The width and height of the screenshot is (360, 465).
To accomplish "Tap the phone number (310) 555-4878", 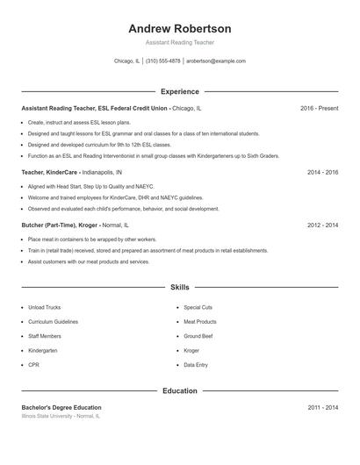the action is [162, 61].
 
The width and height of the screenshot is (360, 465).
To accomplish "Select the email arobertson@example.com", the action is [217, 61].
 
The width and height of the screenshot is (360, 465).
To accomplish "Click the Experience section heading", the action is [179, 91].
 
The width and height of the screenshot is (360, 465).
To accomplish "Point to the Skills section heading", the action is [179, 287].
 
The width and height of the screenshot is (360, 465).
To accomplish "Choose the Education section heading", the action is [179, 390].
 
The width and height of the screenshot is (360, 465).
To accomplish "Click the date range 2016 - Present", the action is [319, 108].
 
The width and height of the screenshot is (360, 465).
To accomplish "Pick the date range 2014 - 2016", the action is [322, 173].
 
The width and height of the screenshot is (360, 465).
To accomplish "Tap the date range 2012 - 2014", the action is [322, 225].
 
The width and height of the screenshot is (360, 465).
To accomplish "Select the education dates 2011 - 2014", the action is [322, 408].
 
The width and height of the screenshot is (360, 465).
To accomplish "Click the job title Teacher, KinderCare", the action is [49, 173].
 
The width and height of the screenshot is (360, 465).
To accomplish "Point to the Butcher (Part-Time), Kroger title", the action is [59, 225].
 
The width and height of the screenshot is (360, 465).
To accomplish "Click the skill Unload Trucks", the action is [44, 308].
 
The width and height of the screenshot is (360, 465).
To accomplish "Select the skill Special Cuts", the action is [198, 308].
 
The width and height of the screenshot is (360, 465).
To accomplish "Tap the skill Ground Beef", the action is [198, 336].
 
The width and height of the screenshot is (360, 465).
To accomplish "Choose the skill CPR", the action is [33, 364].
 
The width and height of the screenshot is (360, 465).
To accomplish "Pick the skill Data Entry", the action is [196, 364].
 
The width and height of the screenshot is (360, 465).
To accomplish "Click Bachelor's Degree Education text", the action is [61, 408].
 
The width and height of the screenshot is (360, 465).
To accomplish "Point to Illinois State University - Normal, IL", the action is [61, 417].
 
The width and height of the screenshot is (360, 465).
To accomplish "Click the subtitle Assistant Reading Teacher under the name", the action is [179, 42].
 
